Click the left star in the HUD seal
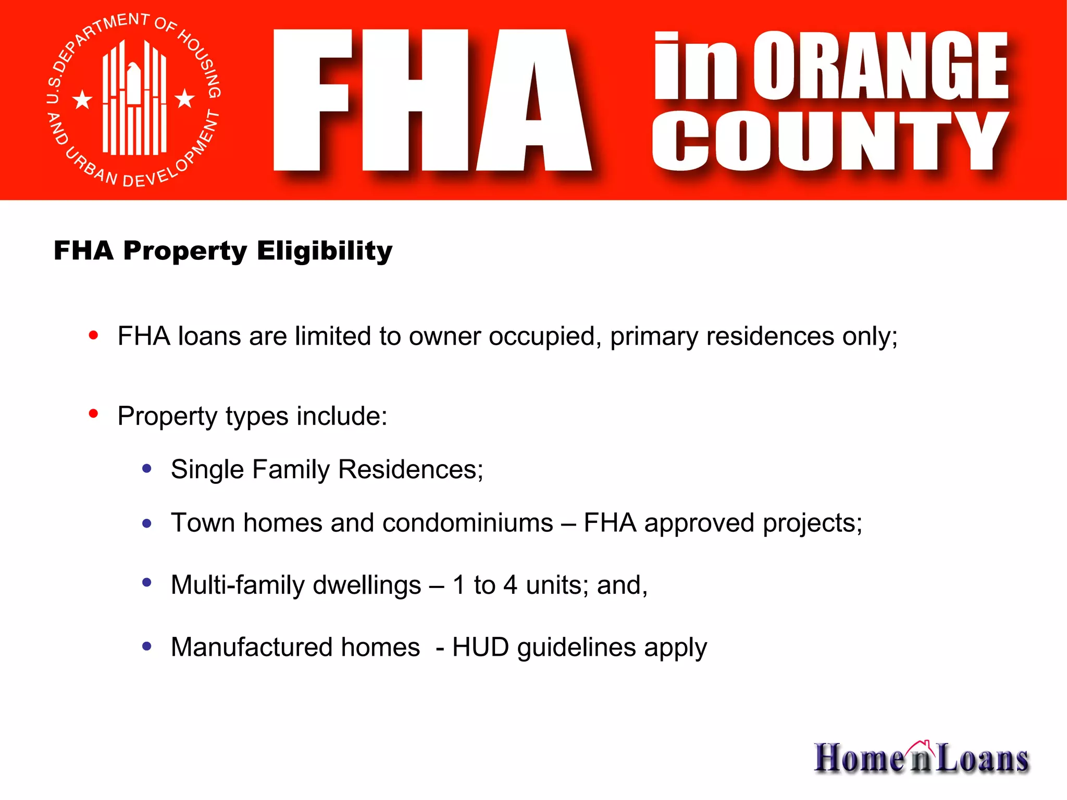(82, 99)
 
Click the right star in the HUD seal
(184, 98)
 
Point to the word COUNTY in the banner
(830, 141)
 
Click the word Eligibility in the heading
(324, 251)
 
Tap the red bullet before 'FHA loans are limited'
(94, 335)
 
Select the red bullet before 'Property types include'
(94, 414)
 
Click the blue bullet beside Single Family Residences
(147, 469)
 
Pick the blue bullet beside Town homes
(147, 523)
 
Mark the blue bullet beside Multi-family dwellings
(147, 583)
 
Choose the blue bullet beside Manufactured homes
(147, 646)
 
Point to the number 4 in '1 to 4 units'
(510, 585)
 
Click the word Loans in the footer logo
(982, 758)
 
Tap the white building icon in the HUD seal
(134, 99)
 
